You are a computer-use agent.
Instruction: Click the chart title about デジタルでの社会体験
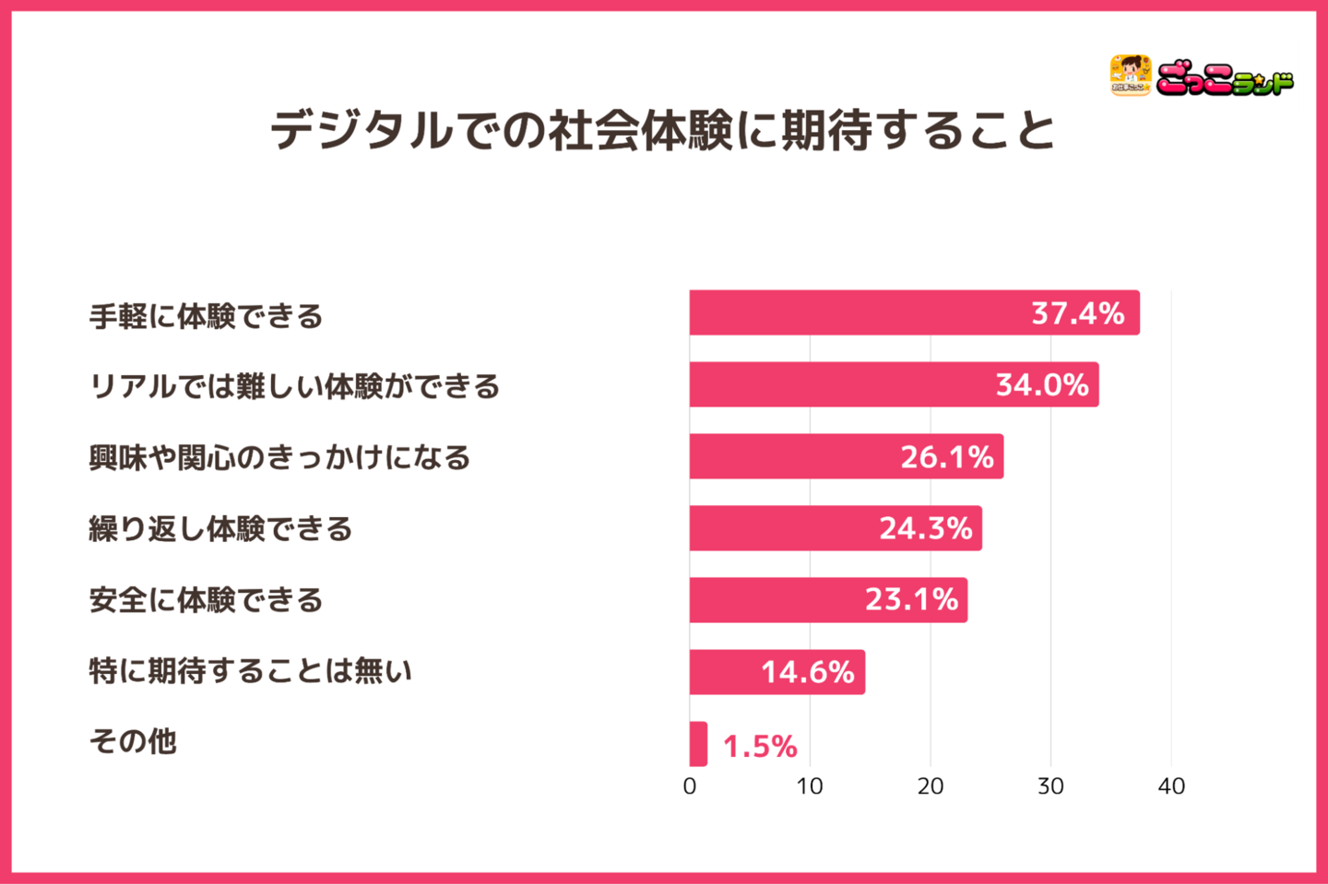[x=663, y=130]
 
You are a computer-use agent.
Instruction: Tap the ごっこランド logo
[x=1201, y=77]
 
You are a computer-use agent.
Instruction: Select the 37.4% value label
[x=1077, y=313]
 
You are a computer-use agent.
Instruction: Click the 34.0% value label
[x=1042, y=384]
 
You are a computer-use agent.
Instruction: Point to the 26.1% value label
[x=947, y=456]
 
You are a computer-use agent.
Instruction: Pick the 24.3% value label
[x=925, y=528]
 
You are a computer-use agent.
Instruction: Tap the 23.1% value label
[x=911, y=600]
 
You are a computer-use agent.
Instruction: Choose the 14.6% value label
[x=807, y=672]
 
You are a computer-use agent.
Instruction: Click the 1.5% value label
[x=760, y=746]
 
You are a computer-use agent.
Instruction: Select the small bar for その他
[x=698, y=744]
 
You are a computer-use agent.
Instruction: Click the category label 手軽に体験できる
[x=207, y=316]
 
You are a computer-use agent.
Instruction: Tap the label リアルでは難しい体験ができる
[x=294, y=386]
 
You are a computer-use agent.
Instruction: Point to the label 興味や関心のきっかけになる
[x=279, y=457]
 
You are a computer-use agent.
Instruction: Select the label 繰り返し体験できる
[x=220, y=528]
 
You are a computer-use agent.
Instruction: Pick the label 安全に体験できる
[x=207, y=600]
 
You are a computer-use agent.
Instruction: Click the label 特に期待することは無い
[x=250, y=671]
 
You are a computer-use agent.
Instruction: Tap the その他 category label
[x=133, y=741]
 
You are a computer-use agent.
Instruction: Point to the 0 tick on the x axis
[x=690, y=786]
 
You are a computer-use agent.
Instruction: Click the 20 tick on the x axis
[x=931, y=786]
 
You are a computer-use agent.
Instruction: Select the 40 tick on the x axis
[x=1171, y=786]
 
